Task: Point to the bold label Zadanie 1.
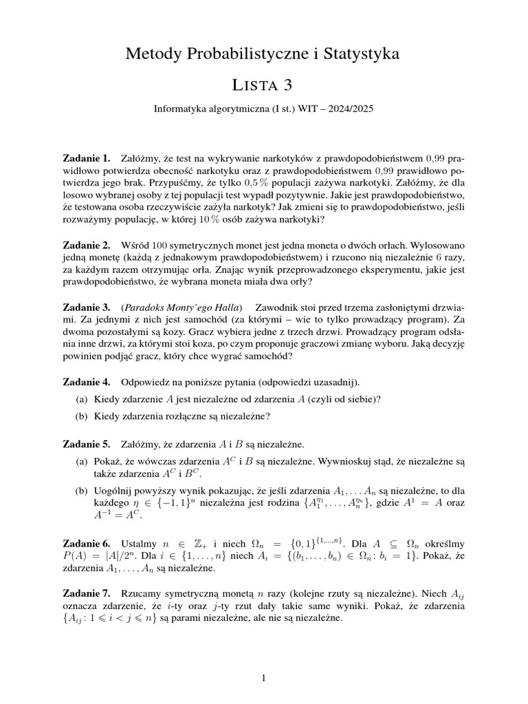click(x=86, y=159)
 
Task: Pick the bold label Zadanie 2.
click(x=86, y=245)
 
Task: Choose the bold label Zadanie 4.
click(x=86, y=381)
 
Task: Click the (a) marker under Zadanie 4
click(x=81, y=399)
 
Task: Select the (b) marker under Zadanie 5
click(x=81, y=491)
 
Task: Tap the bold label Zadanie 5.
click(x=86, y=443)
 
